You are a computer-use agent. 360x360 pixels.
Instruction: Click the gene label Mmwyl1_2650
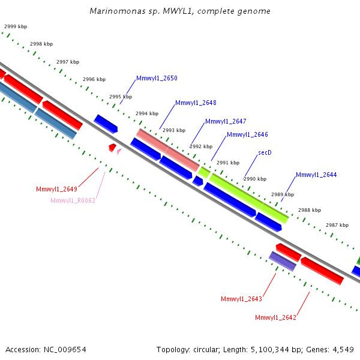click(157, 78)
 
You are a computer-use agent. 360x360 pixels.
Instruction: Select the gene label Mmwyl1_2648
click(196, 103)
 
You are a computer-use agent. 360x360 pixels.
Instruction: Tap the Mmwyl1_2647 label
click(226, 121)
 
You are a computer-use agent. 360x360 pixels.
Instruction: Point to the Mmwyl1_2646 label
click(247, 134)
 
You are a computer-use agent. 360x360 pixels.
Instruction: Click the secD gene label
click(265, 152)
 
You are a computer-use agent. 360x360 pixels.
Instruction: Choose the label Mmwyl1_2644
click(316, 175)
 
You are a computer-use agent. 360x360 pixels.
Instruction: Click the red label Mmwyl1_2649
click(57, 189)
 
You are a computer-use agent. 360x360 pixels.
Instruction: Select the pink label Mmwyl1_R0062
click(73, 200)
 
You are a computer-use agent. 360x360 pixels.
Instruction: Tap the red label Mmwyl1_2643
click(241, 299)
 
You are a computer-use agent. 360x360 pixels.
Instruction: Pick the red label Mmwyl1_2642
click(275, 317)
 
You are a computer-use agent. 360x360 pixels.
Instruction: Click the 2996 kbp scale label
click(94, 79)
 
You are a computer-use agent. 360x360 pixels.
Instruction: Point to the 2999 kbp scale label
click(16, 26)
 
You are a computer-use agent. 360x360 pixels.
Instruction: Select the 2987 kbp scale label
click(337, 225)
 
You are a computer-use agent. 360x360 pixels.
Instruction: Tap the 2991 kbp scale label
click(228, 163)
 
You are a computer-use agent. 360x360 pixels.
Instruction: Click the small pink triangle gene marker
click(119, 152)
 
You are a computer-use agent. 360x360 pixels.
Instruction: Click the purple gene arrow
click(283, 261)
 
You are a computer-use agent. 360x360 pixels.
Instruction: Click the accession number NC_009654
click(65, 350)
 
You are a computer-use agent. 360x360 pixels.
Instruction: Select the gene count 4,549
click(343, 350)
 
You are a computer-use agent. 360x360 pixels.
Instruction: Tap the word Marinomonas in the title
click(118, 11)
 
